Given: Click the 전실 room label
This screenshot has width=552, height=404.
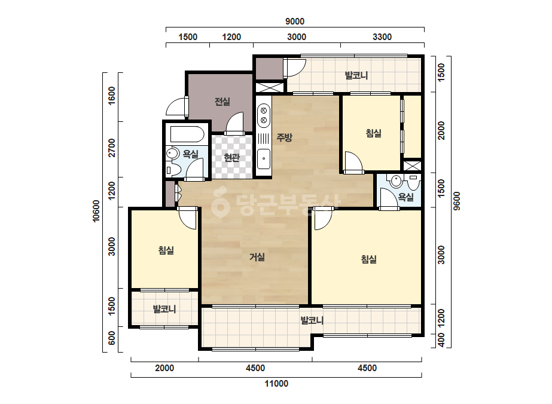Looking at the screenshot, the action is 222,102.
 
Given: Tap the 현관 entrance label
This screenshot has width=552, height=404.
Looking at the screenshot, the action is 231,158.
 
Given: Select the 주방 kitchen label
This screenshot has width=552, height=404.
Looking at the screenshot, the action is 284,137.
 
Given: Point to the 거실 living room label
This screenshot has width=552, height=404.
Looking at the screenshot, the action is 257,257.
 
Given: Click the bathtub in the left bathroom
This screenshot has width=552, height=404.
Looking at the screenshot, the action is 187,134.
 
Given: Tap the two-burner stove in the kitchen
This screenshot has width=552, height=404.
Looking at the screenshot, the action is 263,116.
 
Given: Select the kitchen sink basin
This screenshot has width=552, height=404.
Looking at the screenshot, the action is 264,159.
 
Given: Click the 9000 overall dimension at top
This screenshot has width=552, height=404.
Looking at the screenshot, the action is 295,22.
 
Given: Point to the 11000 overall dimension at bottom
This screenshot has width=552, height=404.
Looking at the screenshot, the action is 276,384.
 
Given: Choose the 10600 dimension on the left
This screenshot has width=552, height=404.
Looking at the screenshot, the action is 96,211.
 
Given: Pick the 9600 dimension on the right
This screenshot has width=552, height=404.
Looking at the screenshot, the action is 456,201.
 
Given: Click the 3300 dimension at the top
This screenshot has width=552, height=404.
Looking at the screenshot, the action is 382,37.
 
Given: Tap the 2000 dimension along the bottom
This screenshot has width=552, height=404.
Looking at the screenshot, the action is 164,368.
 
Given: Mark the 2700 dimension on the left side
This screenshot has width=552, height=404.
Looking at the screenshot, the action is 112,148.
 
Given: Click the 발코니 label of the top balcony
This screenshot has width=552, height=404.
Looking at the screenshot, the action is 356,75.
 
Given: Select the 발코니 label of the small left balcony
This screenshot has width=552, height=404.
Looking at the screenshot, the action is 164,310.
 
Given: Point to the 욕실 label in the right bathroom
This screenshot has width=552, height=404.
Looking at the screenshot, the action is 405,197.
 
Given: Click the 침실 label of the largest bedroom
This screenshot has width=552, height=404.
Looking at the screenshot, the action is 368,259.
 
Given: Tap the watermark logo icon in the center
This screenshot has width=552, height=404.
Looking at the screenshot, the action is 221,203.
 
